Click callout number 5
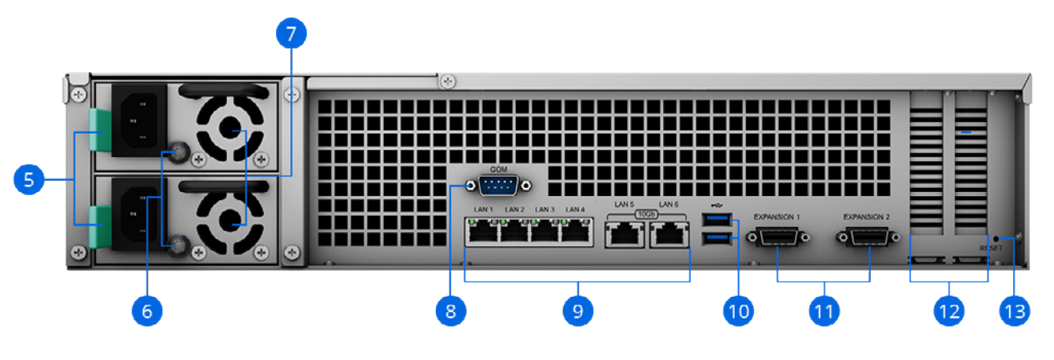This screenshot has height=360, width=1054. (29, 179)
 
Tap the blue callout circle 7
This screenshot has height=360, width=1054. (290, 35)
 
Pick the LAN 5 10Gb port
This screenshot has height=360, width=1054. (625, 234)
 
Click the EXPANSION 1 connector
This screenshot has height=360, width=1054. (777, 238)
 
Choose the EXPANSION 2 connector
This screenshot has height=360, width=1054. (868, 238)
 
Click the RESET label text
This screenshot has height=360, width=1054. (990, 249)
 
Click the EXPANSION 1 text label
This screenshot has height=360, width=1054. (777, 217)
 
